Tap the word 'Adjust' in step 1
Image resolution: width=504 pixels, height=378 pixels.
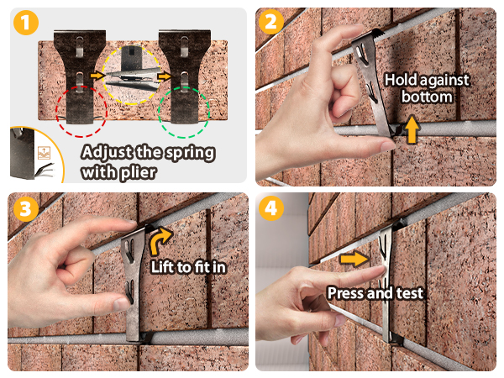point(107,154)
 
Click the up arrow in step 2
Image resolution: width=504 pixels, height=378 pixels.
point(410,129)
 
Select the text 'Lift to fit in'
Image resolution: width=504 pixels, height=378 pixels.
point(192,266)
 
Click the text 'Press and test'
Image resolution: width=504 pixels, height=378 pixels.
point(375,293)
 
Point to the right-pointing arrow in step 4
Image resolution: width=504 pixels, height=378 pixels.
point(354,259)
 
